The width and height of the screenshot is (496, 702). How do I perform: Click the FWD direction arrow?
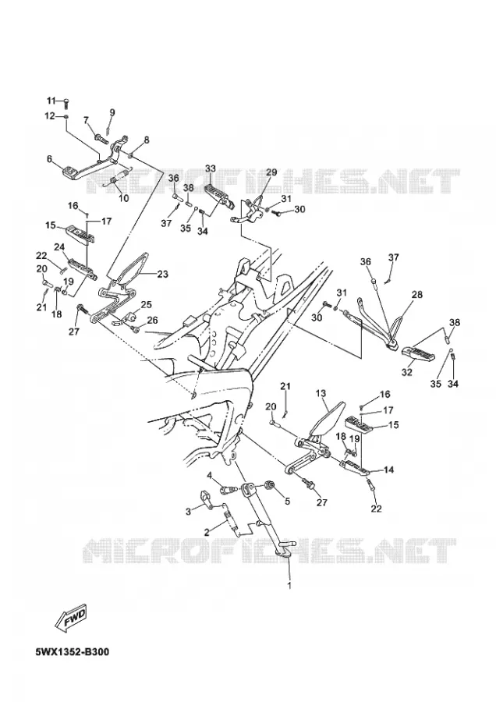coord(69,619)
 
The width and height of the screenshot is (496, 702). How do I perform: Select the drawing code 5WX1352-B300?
coord(72,651)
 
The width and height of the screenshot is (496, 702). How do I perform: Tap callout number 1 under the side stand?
coord(289,585)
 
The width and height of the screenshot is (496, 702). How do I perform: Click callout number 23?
coord(162,274)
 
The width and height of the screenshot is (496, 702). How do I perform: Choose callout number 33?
coord(211,168)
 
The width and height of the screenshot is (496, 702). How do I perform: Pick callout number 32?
coord(406,372)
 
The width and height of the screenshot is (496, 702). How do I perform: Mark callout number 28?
coord(417,295)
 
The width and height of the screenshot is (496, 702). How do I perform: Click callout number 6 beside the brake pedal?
coord(49,158)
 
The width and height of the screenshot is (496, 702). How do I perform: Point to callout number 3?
coord(189,511)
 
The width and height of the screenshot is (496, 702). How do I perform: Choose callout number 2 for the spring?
coord(207,532)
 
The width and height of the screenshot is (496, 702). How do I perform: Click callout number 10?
coord(123,197)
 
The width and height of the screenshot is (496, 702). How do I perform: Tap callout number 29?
coord(271,172)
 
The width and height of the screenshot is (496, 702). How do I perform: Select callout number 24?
coord(59,246)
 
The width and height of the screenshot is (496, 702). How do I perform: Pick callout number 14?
coord(388,470)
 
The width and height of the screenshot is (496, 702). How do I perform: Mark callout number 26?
coord(153,320)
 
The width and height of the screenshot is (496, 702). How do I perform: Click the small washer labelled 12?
coord(66,117)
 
